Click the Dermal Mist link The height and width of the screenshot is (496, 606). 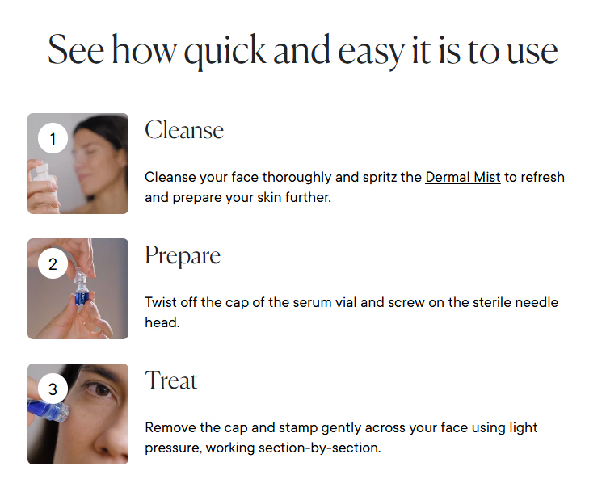pyautogui.click(x=463, y=177)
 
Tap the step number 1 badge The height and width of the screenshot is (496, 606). pyautogui.click(x=53, y=138)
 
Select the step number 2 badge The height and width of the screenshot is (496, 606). pyautogui.click(x=53, y=263)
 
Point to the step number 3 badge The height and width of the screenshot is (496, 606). pyautogui.click(x=53, y=389)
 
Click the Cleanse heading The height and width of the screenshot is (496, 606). pyautogui.click(x=184, y=130)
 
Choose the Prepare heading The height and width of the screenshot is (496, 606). pyautogui.click(x=183, y=256)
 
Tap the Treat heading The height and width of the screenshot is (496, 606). pyautogui.click(x=170, y=380)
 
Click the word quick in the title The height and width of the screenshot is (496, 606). pyautogui.click(x=225, y=52)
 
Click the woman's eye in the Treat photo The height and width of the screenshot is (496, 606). pyautogui.click(x=101, y=389)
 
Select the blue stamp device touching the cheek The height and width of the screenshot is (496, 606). pyautogui.click(x=48, y=410)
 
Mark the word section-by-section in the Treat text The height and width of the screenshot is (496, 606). pyautogui.click(x=320, y=448)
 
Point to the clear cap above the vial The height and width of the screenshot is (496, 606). pyautogui.click(x=80, y=275)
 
